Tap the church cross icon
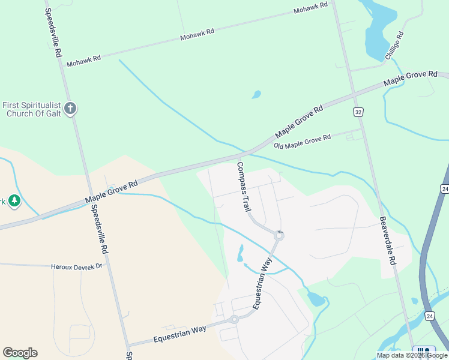[x=70, y=109]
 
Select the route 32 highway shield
[x=358, y=112]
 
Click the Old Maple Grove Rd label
[x=302, y=142]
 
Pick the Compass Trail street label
[x=243, y=187]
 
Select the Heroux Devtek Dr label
[x=77, y=265]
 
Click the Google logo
[x=20, y=353]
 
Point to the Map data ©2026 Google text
[x=412, y=355]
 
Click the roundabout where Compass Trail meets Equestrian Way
[x=279, y=236]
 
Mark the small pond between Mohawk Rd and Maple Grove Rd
[x=256, y=95]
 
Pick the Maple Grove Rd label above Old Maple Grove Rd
[x=299, y=122]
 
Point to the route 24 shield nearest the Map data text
[x=429, y=316]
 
